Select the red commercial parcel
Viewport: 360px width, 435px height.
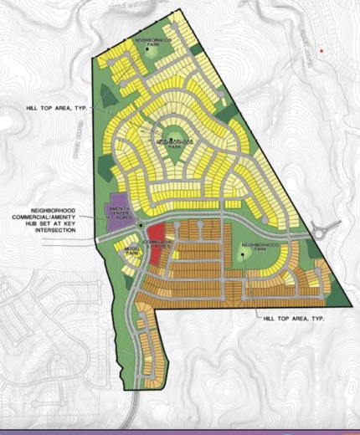click(x=157, y=252)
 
